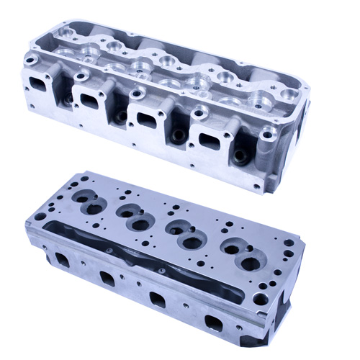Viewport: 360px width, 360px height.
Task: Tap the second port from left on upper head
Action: click(x=91, y=99)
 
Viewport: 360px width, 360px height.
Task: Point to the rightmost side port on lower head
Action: click(x=213, y=320)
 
